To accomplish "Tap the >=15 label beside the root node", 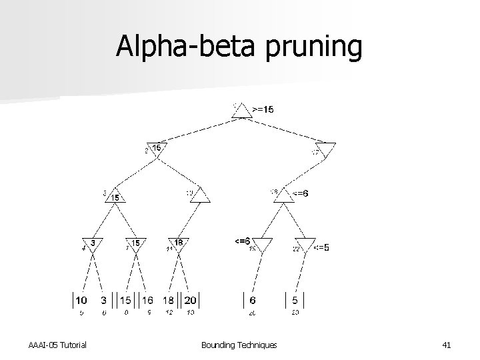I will [262, 109].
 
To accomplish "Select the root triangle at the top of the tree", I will [242, 112].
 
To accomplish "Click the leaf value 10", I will [80, 300].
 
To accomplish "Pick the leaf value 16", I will [147, 300].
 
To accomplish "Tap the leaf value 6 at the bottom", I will [253, 300].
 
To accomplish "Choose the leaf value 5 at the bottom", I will [295, 300].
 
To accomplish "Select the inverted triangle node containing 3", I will [92, 244].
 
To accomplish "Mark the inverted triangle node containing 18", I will [178, 244].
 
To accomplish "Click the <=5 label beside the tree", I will [321, 247].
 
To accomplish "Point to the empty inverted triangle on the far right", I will [326, 149].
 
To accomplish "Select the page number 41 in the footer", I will [447, 345].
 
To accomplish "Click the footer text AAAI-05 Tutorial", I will [58, 345].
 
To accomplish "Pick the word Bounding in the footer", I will [219, 345].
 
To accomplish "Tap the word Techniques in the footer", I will [258, 345].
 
